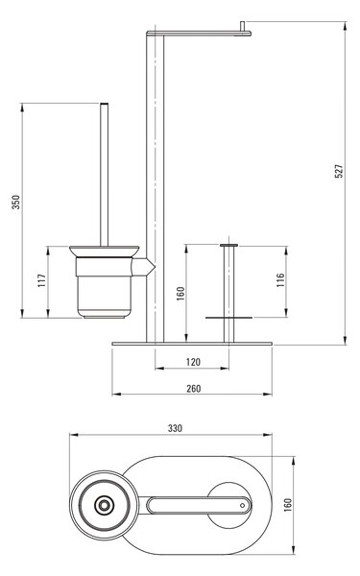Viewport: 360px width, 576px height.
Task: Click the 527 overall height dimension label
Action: (339, 171)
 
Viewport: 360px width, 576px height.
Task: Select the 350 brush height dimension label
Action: (16, 202)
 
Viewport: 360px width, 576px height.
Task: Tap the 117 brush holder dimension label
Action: (42, 280)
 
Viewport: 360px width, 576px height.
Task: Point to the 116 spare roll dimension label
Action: (280, 280)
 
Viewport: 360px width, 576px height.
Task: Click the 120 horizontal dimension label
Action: (193, 362)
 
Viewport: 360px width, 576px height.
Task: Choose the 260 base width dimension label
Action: (194, 389)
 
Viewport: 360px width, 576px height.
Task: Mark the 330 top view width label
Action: (176, 428)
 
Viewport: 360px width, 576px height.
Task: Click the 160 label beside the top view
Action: (288, 505)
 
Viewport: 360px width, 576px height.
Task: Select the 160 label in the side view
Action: (180, 294)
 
